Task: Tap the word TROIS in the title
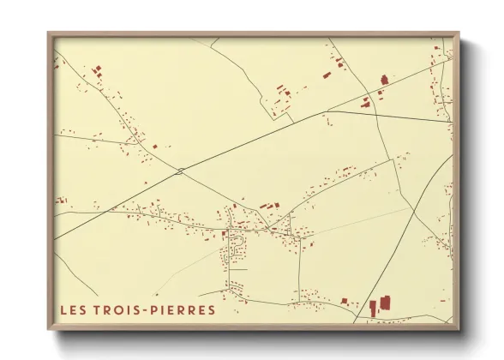click(x=114, y=309)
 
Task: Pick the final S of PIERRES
click(x=212, y=309)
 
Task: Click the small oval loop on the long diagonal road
click(x=180, y=171)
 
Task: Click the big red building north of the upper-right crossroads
click(x=383, y=80)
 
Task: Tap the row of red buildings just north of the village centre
click(x=269, y=206)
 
